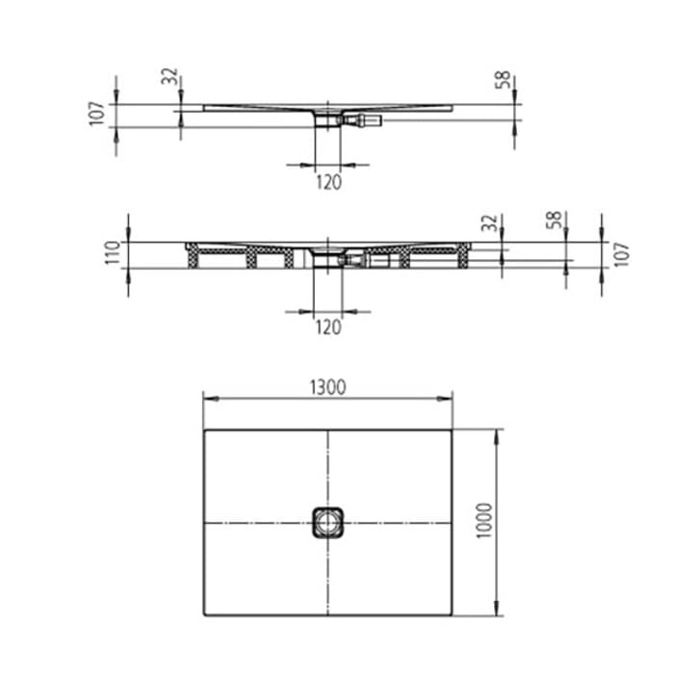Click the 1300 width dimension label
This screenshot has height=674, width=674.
pyautogui.click(x=327, y=387)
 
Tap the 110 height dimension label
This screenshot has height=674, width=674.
pyautogui.click(x=113, y=253)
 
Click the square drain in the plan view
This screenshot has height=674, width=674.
pyautogui.click(x=327, y=523)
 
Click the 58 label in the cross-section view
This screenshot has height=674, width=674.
pyautogui.click(x=553, y=220)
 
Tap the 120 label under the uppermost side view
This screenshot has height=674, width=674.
pyautogui.click(x=328, y=183)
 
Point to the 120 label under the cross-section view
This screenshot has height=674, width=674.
pyautogui.click(x=328, y=327)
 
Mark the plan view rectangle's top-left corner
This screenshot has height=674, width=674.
pyautogui.click(x=204, y=430)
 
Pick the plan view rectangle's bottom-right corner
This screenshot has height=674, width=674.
pyautogui.click(x=453, y=615)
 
